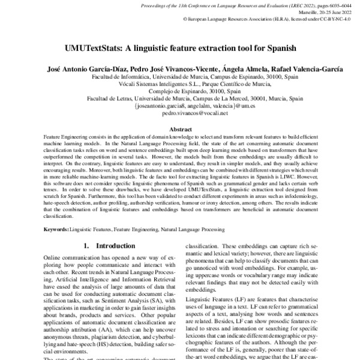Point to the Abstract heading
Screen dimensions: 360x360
(181, 129)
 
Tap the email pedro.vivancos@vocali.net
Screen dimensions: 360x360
(181, 112)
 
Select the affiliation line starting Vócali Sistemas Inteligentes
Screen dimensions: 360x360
(180, 85)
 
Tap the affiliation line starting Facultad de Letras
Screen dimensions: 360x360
(180, 98)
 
